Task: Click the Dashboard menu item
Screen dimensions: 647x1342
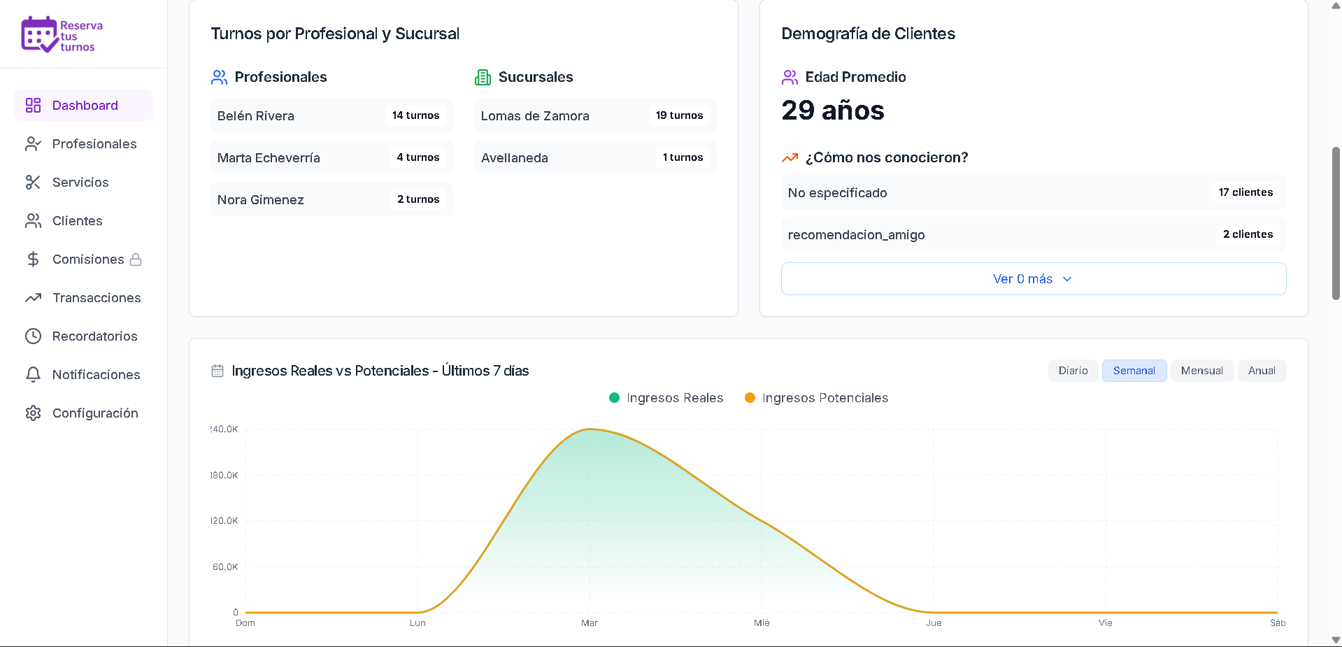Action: [84, 106]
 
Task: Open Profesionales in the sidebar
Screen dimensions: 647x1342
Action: [94, 144]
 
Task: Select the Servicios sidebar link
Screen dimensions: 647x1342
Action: [80, 183]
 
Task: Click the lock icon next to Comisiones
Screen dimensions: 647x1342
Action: [136, 259]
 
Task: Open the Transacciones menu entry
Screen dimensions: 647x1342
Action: [96, 298]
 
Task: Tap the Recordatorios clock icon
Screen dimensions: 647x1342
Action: [33, 336]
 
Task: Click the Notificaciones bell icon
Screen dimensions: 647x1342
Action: [33, 375]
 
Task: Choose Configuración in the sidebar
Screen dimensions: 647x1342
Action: [94, 413]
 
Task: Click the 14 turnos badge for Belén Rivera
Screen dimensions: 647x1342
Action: [415, 115]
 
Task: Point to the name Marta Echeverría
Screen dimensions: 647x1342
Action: [269, 158]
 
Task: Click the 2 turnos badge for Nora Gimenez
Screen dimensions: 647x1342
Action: [418, 199]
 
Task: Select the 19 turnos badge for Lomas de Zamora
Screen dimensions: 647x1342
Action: [679, 115]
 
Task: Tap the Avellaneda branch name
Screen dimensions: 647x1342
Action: [514, 158]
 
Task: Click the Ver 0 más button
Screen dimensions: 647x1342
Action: [1033, 279]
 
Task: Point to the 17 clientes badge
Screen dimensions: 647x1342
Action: [1245, 192]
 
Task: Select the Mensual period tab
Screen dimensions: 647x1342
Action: [1201, 371]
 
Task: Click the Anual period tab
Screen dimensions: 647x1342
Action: [1262, 371]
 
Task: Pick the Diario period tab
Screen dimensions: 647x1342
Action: [1073, 371]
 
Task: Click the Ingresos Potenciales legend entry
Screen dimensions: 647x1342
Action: [817, 398]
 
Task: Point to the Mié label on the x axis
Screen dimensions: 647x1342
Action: [762, 623]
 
